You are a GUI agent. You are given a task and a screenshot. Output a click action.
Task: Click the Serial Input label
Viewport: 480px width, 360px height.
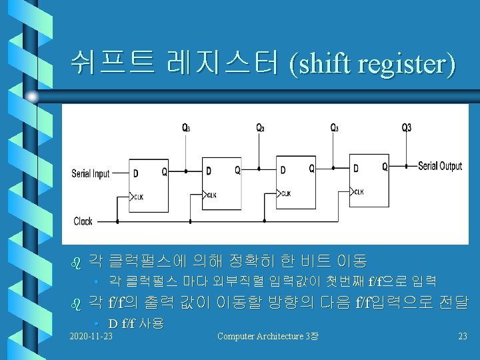91,174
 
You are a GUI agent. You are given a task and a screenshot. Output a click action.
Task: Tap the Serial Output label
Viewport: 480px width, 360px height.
440,166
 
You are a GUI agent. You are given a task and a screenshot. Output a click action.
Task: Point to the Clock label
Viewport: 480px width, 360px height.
83,221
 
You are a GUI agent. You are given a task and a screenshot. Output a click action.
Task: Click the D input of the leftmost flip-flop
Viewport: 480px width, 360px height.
137,174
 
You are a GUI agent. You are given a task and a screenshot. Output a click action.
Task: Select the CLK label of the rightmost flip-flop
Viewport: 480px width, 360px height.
359,192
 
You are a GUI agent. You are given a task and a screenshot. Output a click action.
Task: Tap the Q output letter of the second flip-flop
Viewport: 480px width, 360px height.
237,171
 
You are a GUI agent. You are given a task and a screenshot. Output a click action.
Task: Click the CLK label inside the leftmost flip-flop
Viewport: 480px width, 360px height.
138,197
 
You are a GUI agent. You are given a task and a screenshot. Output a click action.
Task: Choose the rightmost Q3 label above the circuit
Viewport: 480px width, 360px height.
406,127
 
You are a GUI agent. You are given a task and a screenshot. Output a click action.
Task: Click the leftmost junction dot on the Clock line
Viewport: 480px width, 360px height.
117,221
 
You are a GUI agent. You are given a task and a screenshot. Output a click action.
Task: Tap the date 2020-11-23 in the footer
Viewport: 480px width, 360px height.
91,335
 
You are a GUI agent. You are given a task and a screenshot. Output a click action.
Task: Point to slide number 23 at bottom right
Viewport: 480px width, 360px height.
463,335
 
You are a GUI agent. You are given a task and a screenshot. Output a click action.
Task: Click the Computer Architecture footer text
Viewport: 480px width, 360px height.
267,335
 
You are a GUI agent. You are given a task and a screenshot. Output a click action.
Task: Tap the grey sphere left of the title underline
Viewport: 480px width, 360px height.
32,97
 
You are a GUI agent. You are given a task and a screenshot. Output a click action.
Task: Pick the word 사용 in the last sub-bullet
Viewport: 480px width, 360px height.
151,323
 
